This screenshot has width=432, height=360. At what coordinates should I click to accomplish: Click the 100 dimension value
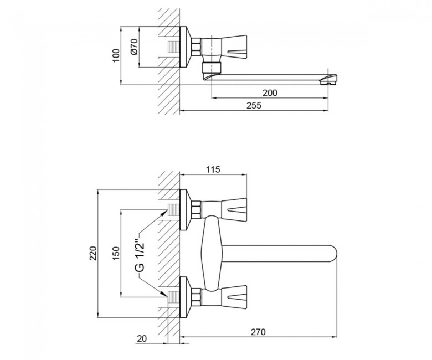(116, 55)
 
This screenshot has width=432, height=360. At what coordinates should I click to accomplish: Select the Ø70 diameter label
(134, 47)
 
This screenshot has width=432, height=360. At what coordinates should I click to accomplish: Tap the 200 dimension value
(270, 93)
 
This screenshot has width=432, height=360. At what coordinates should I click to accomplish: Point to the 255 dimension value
(254, 106)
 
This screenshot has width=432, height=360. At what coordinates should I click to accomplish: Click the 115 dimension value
(213, 169)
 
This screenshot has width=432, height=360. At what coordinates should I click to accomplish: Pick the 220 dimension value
(93, 253)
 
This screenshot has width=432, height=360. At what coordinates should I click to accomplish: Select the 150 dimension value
(116, 253)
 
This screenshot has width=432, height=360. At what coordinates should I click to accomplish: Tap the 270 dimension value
(258, 332)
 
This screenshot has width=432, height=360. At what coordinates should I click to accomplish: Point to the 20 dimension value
(142, 338)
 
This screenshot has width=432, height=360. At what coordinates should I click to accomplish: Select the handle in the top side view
(234, 47)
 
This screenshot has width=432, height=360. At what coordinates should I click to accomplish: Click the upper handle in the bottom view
(234, 210)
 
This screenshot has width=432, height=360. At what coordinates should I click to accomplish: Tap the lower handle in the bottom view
(234, 297)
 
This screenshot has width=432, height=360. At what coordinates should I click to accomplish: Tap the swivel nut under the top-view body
(212, 67)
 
